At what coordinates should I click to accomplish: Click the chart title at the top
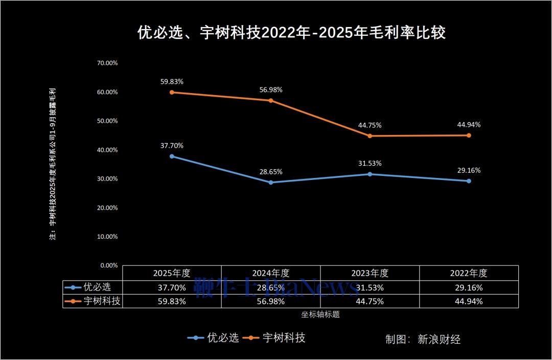(x=291, y=33)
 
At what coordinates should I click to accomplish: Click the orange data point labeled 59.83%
(x=172, y=93)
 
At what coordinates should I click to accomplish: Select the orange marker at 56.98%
(x=271, y=101)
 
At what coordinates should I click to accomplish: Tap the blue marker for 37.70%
(x=172, y=156)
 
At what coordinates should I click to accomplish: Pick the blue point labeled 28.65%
(x=271, y=183)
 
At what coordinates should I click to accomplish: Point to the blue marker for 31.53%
(x=370, y=174)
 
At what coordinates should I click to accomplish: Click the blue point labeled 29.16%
(x=469, y=181)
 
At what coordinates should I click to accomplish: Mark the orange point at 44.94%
(x=469, y=136)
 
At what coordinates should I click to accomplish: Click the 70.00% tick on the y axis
(x=107, y=63)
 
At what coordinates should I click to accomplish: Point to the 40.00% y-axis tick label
(x=107, y=150)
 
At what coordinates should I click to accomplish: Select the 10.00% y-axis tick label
(x=107, y=237)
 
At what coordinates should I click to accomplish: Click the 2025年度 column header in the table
(x=172, y=273)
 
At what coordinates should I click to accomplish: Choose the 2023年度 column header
(x=370, y=273)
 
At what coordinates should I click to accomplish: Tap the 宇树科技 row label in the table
(x=102, y=301)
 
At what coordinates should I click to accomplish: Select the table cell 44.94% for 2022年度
(x=469, y=301)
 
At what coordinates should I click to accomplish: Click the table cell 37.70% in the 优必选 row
(x=172, y=287)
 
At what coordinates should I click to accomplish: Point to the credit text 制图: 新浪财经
(x=423, y=339)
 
